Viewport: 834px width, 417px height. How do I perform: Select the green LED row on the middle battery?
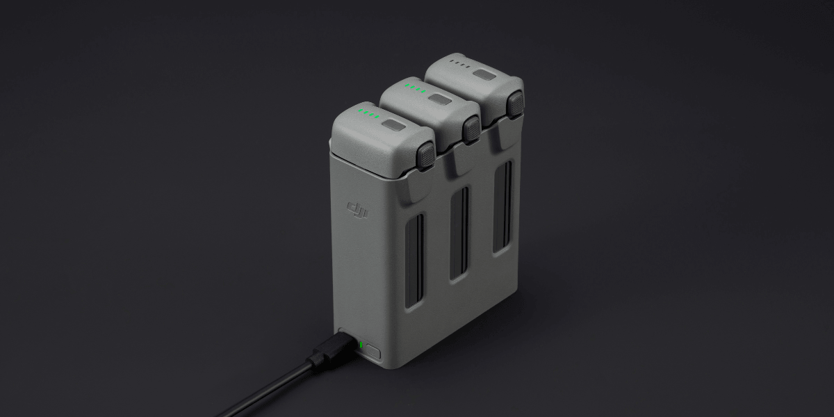coord(415,89)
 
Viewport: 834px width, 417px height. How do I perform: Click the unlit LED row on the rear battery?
coord(459,64)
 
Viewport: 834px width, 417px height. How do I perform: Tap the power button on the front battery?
coord(393,127)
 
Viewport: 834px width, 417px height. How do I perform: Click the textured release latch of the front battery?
coord(425,155)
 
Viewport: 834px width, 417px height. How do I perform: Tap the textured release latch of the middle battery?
coord(473,129)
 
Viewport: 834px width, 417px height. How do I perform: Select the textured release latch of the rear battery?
coord(515,104)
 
